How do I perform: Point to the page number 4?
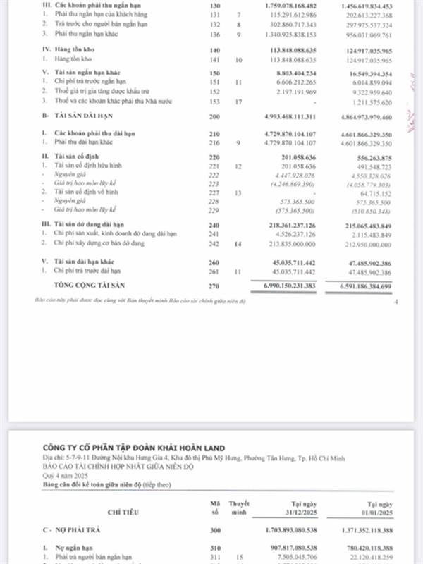(x=397, y=302)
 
